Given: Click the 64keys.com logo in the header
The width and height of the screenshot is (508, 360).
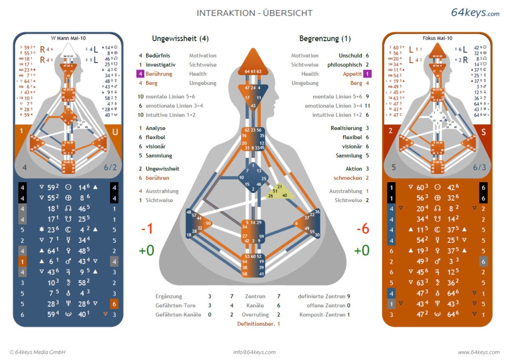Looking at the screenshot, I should point(475,13).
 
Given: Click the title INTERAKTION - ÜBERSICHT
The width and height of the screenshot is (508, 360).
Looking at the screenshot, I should point(254,13).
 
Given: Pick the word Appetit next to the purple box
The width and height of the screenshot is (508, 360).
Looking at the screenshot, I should point(352,74).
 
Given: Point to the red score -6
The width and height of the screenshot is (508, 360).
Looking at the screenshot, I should point(362,228).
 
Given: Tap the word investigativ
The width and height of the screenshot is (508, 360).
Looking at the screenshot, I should point(160,65).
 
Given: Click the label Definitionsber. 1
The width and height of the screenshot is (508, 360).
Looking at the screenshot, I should point(258,324).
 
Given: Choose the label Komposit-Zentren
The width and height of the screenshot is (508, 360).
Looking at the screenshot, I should point(321,315).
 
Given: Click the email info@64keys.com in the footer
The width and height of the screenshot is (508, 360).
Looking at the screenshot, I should point(254,352).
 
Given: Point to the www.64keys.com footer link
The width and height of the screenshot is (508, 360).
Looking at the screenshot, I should point(478,352).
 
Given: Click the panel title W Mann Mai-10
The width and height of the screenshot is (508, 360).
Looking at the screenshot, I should point(68,38).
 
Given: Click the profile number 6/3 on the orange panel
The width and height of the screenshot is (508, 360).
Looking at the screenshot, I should point(479,167).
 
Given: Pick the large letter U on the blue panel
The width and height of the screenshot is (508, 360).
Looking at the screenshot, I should point(115,132).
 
